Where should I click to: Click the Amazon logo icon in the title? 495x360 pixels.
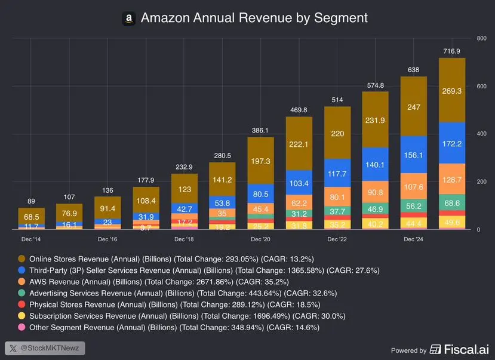click(128, 19)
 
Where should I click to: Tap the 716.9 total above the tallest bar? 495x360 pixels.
click(452, 51)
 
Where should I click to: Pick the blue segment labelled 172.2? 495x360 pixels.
click(452, 143)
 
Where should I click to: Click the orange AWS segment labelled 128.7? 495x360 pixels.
click(452, 179)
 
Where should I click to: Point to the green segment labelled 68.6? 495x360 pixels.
click(452, 204)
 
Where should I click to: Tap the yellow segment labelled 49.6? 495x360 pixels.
click(452, 223)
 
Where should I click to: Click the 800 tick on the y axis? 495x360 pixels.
click(481, 39)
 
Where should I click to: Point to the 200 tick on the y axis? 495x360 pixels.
click(481, 182)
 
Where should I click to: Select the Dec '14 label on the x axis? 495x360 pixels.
click(32, 239)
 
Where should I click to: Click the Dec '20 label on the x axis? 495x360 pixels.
click(260, 239)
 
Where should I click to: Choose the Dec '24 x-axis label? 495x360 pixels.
click(413, 239)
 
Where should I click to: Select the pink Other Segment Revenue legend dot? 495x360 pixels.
click(22, 327)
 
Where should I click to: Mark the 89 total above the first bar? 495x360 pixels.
click(32, 201)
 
